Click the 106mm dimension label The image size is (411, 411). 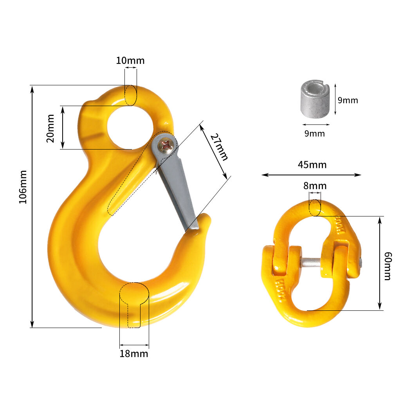pos(23,187)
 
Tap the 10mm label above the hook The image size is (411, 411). pos(130,61)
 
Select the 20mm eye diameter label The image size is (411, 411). pos(50,128)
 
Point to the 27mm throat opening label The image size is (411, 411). pos(219,147)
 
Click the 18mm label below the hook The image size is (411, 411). pos(134,354)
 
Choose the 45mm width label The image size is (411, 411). pos(312,165)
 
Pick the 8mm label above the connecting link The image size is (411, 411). pos(315,186)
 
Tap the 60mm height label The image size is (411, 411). pos(388,266)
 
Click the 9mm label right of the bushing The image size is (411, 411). pos(348,100)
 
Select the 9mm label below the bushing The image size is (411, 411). pos(315,134)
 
